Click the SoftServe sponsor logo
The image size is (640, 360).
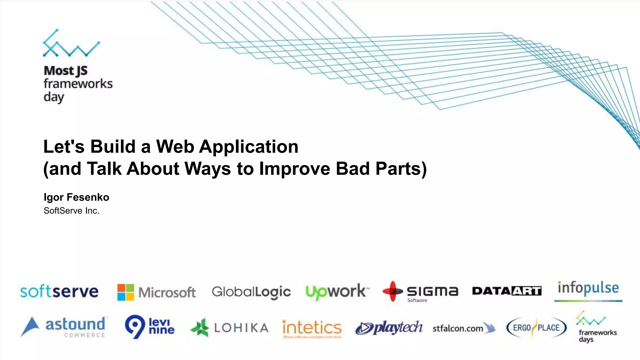pyautogui.click(x=59, y=292)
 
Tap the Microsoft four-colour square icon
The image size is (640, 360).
pyautogui.click(x=126, y=292)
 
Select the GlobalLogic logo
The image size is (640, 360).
pyautogui.click(x=251, y=292)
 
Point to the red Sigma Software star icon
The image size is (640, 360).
pyautogui.click(x=392, y=291)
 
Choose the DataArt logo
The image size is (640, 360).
pyautogui.click(x=507, y=291)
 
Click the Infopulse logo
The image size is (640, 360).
pyautogui.click(x=588, y=289)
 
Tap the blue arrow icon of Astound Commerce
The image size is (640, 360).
pyautogui.click(x=30, y=327)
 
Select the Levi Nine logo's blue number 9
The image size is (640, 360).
pyautogui.click(x=135, y=326)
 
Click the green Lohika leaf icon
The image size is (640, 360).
pyautogui.click(x=200, y=327)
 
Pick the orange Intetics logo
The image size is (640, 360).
pyautogui.click(x=312, y=328)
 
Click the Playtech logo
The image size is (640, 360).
pyautogui.click(x=389, y=328)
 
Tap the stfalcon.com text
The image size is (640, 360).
pyautogui.click(x=457, y=328)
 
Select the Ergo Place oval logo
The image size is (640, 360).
pyautogui.click(x=536, y=328)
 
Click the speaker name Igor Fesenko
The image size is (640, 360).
pyautogui.click(x=76, y=197)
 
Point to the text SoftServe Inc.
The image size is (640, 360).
pyautogui.click(x=71, y=211)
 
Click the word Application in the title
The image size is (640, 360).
pyautogui.click(x=249, y=147)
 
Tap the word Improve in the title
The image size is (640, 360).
pyautogui.click(x=294, y=169)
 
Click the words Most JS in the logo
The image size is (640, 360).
pyautogui.click(x=66, y=71)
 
